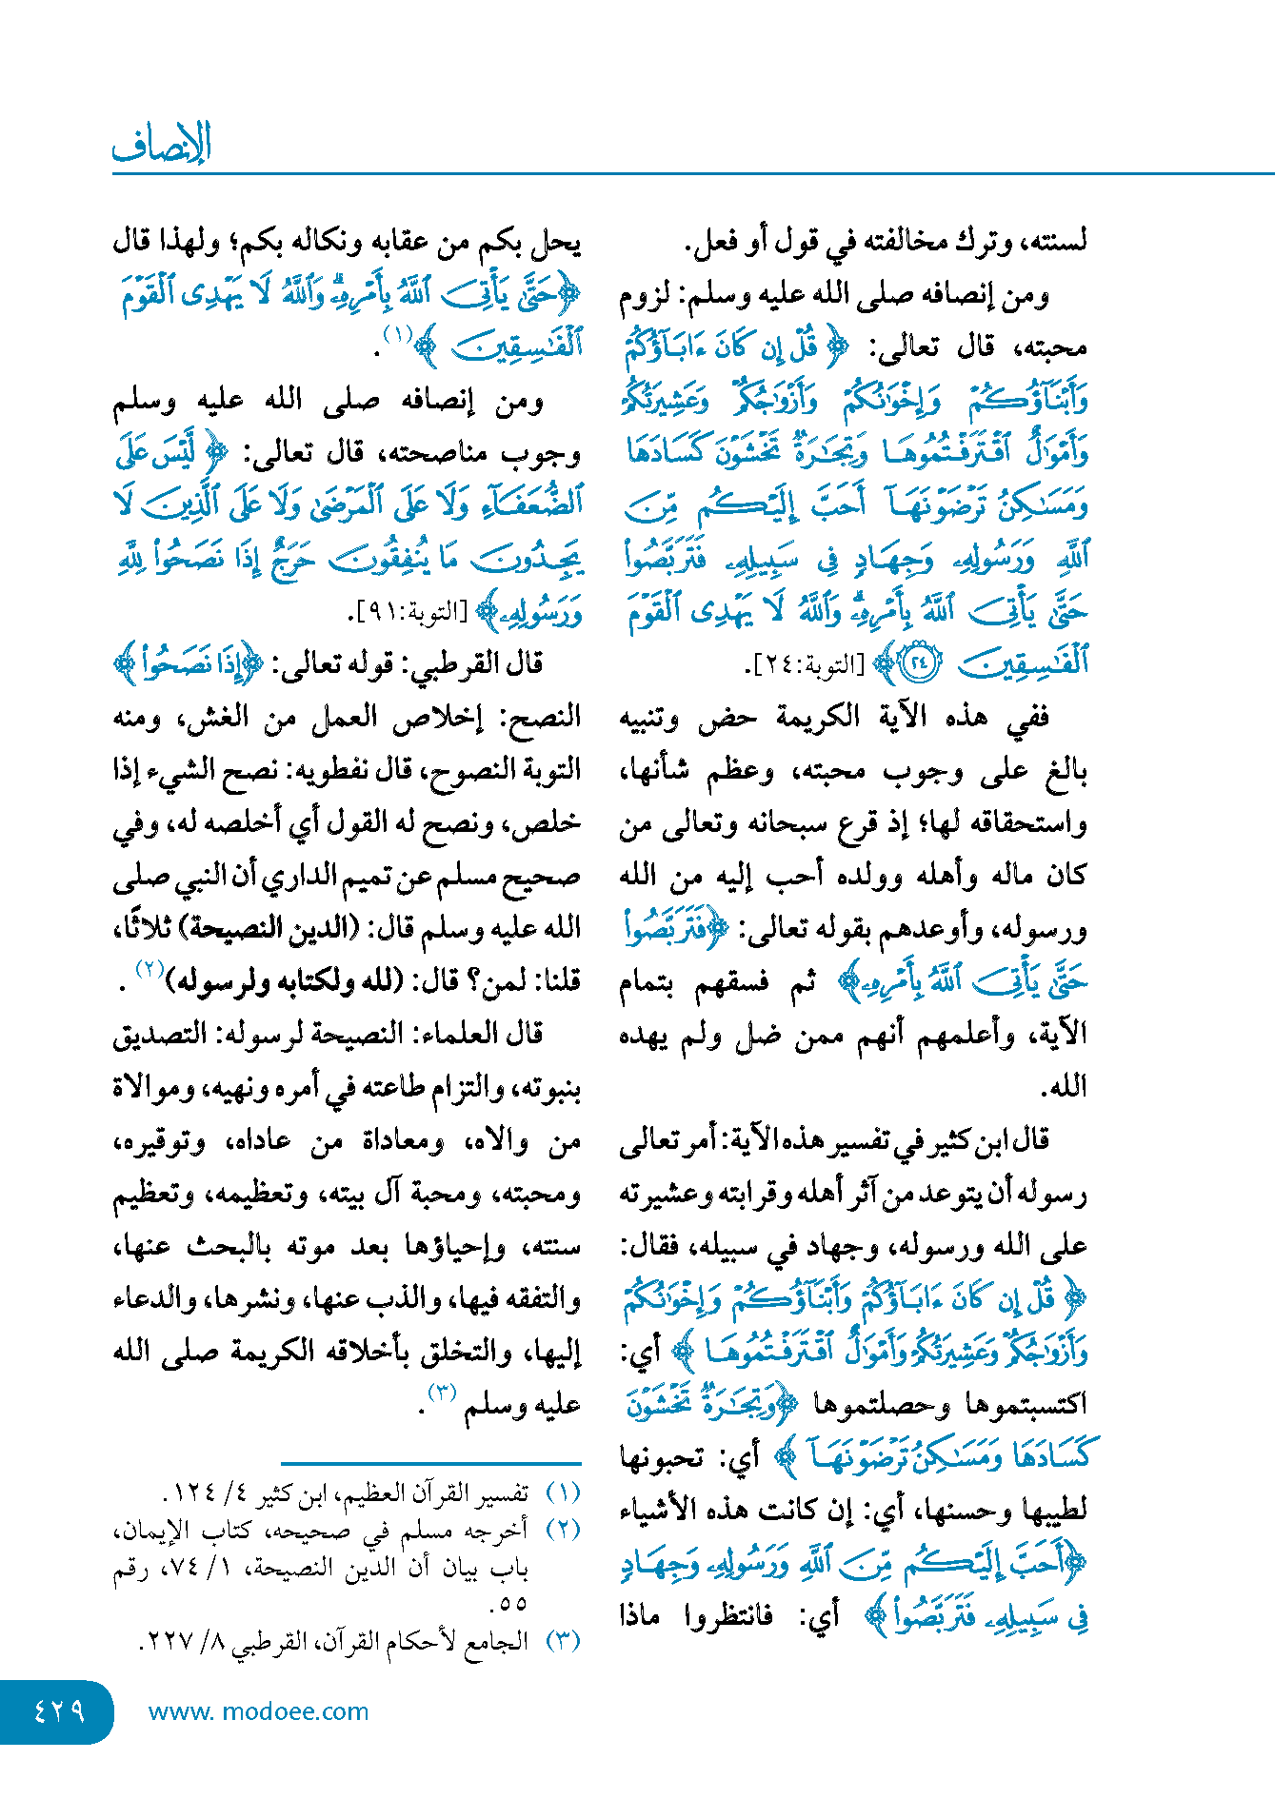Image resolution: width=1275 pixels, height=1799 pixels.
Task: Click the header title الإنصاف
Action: coord(162,145)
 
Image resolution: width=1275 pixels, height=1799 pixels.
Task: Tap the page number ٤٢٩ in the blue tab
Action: coord(59,1711)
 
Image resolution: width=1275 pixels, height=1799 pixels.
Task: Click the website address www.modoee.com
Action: coord(258,1711)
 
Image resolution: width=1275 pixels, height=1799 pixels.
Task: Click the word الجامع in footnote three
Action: coord(494,1642)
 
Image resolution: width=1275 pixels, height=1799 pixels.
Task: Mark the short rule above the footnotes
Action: coord(430,1462)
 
